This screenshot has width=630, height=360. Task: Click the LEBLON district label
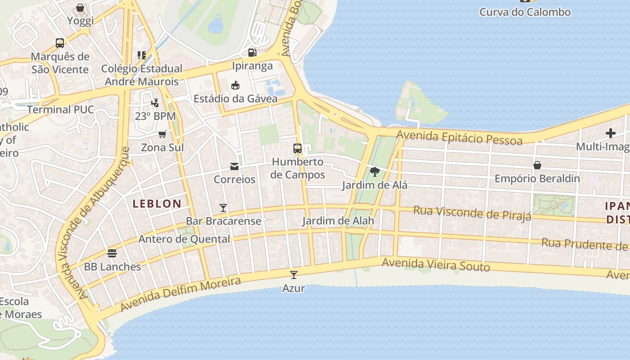click(157, 203)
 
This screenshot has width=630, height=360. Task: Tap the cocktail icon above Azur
click(294, 274)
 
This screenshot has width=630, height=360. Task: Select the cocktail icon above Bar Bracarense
click(223, 207)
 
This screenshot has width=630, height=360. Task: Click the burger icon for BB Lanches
click(112, 253)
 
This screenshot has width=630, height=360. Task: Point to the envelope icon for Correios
click(234, 166)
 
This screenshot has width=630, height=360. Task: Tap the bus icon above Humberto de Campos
click(297, 148)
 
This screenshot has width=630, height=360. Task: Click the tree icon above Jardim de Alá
click(374, 172)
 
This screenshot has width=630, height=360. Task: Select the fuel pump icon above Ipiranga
click(252, 53)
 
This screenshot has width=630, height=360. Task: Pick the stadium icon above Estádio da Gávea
click(235, 85)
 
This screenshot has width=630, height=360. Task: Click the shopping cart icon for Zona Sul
click(162, 134)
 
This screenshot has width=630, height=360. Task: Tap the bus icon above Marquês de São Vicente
click(60, 43)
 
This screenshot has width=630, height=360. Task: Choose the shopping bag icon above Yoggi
click(80, 8)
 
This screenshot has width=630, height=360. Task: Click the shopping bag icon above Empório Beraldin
click(537, 165)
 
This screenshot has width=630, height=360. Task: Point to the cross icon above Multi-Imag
click(611, 133)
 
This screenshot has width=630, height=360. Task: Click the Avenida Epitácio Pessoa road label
click(459, 137)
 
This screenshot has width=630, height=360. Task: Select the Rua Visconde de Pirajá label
click(472, 213)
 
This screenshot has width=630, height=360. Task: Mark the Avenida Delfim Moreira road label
click(180, 294)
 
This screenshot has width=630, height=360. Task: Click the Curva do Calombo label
click(525, 12)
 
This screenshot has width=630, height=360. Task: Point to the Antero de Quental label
click(184, 239)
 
